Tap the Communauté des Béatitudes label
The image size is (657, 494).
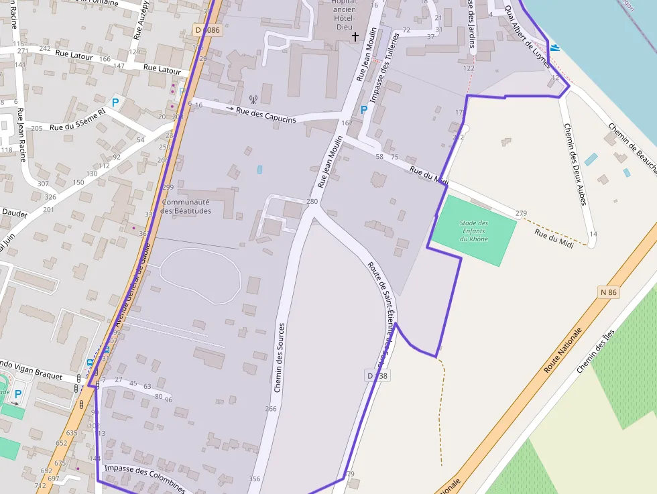(186, 206)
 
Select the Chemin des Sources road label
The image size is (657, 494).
(280, 357)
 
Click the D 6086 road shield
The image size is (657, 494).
(207, 30)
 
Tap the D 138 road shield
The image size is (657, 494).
(378, 376)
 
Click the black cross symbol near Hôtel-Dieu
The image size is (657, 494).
(355, 36)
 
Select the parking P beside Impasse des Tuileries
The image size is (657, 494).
(364, 110)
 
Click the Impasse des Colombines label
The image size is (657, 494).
(144, 479)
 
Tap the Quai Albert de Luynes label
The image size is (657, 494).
(528, 37)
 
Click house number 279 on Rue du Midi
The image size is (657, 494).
(521, 214)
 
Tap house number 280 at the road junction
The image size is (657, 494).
(312, 202)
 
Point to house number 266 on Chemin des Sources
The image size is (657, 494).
(271, 409)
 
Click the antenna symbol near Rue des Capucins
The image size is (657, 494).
(253, 99)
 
